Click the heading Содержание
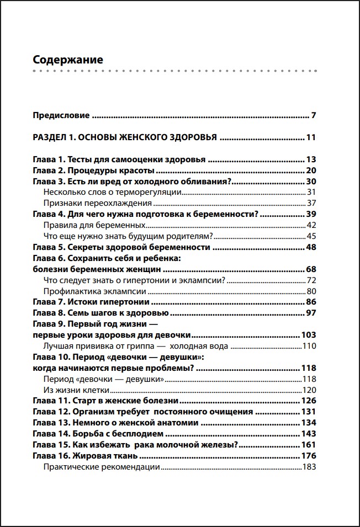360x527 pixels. pyautogui.click(x=68, y=60)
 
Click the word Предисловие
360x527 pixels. pyautogui.click(x=61, y=116)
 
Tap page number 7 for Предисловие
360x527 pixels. pyautogui.click(x=313, y=116)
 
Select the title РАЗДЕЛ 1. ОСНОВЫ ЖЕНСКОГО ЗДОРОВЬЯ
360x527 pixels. pyautogui.click(x=124, y=138)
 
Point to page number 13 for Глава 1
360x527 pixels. pyautogui.click(x=310, y=159)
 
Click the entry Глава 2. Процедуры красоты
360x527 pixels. pyautogui.click(x=93, y=171)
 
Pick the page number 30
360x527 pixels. pyautogui.click(x=310, y=182)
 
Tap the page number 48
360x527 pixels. pyautogui.click(x=310, y=247)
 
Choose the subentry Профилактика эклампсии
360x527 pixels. pyautogui.click(x=94, y=291)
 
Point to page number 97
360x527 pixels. pyautogui.click(x=310, y=313)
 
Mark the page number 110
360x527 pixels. pyautogui.click(x=308, y=346)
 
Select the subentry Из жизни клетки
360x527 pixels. pyautogui.click(x=71, y=390)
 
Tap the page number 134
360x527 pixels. pyautogui.click(x=308, y=423)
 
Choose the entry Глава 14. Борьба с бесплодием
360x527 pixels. pyautogui.click(x=102, y=434)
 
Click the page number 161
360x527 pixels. pyautogui.click(x=308, y=445)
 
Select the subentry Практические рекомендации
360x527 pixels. pyautogui.click(x=102, y=467)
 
